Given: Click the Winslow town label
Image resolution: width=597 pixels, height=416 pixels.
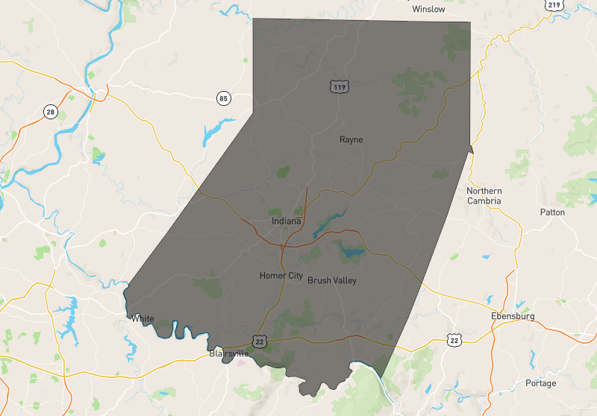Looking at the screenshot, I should [x=428, y=10].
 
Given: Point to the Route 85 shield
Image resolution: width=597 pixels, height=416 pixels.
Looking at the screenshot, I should [x=223, y=98].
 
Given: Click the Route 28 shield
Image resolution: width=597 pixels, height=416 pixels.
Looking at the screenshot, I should [x=50, y=112].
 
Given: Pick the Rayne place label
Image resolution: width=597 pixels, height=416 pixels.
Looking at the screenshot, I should [x=351, y=139].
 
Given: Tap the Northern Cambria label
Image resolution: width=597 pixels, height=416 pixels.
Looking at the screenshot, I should [x=484, y=195].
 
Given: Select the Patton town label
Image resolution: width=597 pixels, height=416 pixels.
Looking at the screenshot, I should [x=552, y=212].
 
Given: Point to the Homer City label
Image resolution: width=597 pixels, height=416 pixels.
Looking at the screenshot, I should [x=281, y=276].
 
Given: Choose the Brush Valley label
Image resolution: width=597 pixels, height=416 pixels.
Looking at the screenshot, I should [x=332, y=280].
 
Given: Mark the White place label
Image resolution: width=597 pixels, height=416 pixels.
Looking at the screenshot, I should [x=143, y=319].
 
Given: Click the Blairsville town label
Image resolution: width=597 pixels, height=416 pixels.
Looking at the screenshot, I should [x=228, y=353].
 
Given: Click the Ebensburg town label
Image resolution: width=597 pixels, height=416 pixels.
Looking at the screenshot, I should [x=513, y=316].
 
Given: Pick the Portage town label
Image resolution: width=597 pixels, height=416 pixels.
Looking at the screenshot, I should [x=540, y=383].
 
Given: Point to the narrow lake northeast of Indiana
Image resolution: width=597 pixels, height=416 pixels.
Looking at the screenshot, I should [x=328, y=221].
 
